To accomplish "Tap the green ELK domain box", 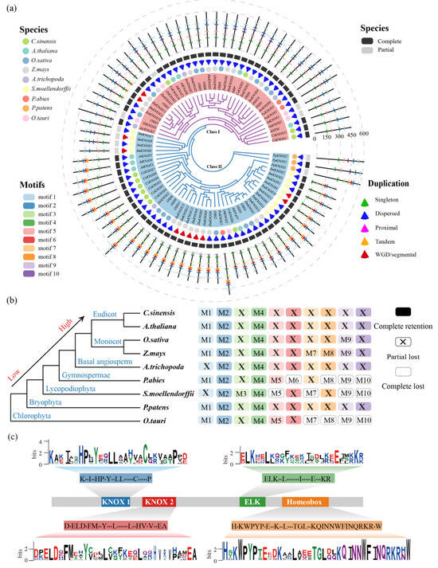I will pos(252,503).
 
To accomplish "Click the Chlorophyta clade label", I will pos(33,415).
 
